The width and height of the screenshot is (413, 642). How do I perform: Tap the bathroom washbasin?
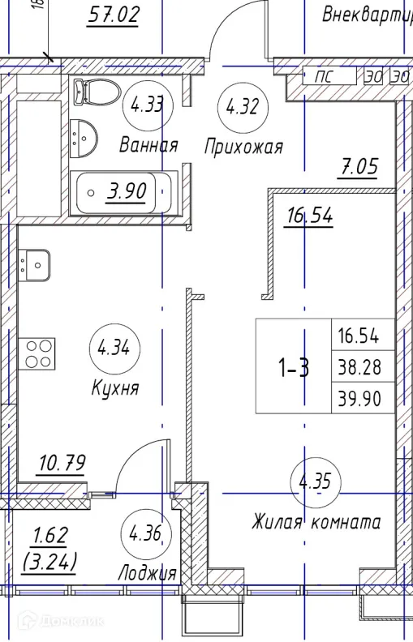pos(84,139)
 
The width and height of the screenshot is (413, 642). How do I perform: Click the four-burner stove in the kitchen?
pos(37,353)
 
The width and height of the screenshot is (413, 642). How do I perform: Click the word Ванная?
pos(148,146)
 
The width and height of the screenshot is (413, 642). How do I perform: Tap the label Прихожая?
pos(243,147)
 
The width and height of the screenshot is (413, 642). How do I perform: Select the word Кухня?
pos(115,388)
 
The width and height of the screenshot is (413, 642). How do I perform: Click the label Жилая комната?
pos(316,522)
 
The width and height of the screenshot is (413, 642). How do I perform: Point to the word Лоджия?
pos(147,573)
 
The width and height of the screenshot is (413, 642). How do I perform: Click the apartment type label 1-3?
pos(294,369)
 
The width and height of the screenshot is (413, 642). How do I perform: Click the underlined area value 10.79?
pos(62,464)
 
